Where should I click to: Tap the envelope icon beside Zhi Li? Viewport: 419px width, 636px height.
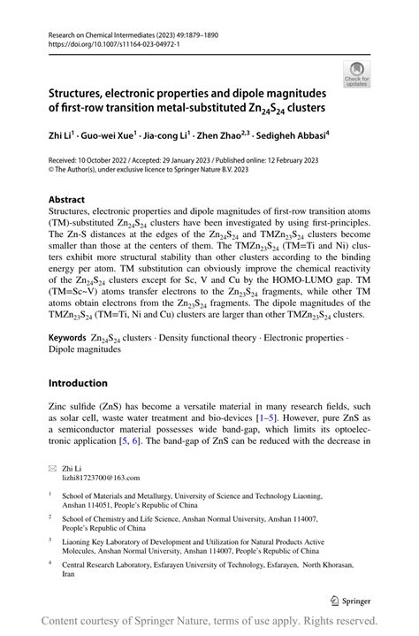[52, 464]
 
